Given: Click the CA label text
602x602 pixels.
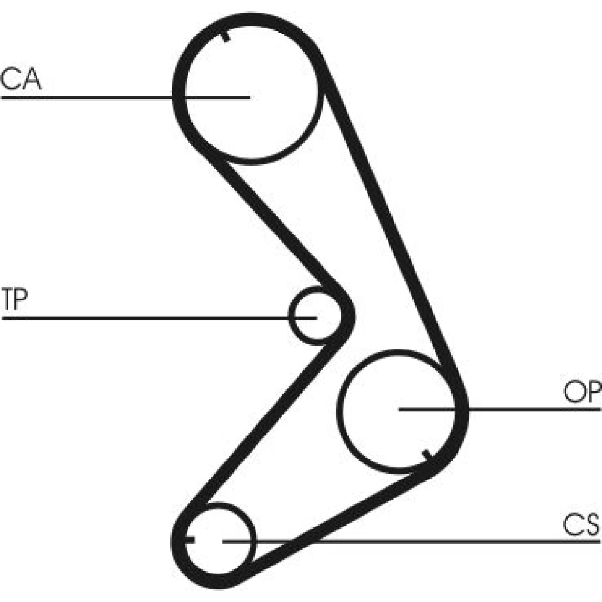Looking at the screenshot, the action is (x=20, y=79).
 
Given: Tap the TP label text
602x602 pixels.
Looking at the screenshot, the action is (x=14, y=299).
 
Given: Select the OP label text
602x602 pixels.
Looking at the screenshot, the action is (x=582, y=392).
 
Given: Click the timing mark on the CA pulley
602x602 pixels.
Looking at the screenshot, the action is (x=225, y=36).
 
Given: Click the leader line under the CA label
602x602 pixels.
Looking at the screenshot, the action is (x=126, y=98).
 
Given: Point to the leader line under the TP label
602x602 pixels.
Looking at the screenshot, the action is (x=160, y=318).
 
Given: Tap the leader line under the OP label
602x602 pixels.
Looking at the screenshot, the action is (x=500, y=409).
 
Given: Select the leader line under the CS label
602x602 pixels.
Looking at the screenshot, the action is (x=411, y=541).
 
